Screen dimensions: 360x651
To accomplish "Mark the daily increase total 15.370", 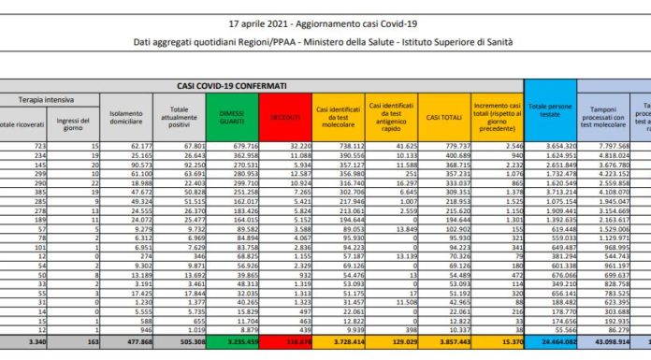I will (499, 343).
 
